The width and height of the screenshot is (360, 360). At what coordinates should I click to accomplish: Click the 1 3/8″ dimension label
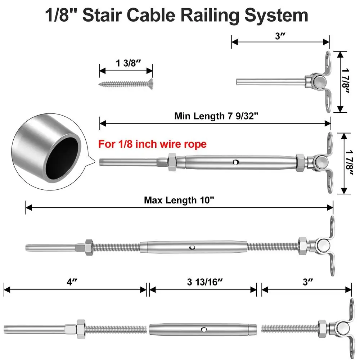[126, 63]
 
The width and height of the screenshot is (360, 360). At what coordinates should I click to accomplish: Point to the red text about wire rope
[152, 144]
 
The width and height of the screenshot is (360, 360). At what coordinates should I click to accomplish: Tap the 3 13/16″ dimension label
[203, 283]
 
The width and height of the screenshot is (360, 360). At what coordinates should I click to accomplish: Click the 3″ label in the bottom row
[306, 283]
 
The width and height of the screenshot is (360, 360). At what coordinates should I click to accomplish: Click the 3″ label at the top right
[280, 36]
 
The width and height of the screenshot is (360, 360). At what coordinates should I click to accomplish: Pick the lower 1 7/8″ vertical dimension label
[347, 163]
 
